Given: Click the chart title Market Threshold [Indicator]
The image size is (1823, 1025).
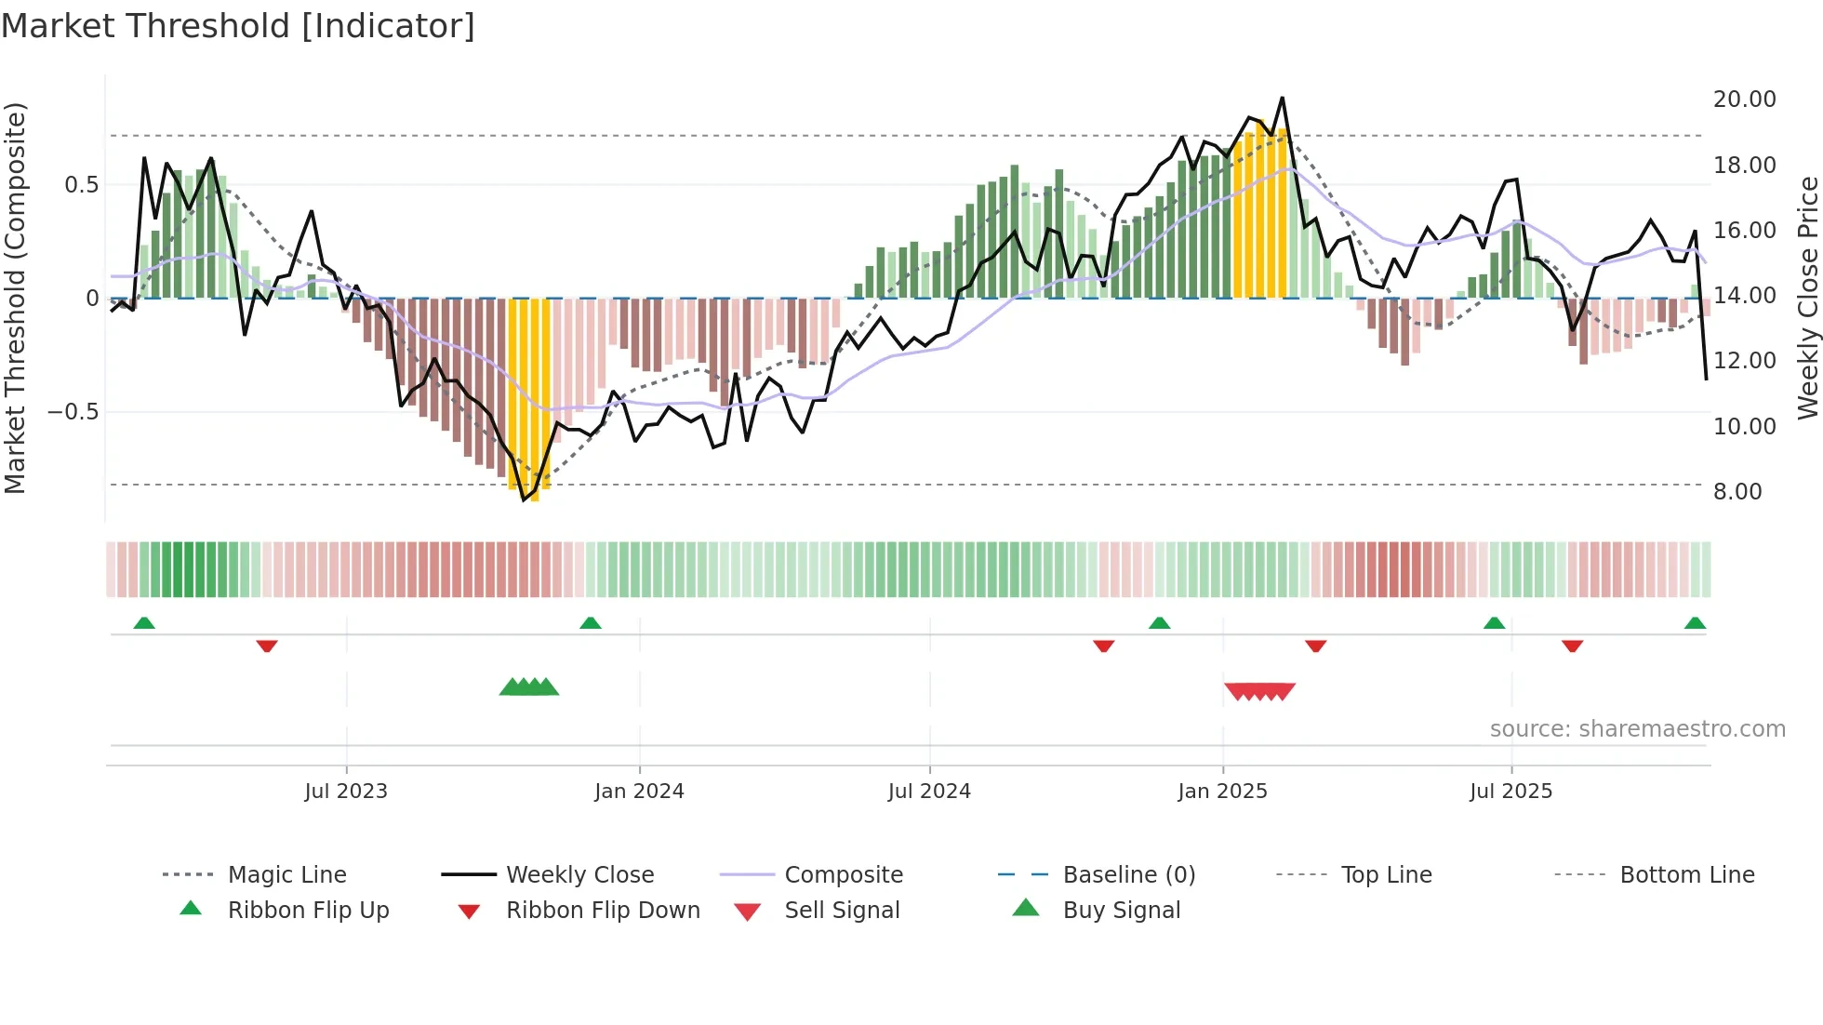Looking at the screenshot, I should coord(238,26).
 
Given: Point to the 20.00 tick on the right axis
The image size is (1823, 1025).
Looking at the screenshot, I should coord(1744,100).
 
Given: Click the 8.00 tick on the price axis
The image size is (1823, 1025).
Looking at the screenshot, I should coord(1737,492).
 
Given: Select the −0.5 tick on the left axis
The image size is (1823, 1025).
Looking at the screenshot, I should coord(73,412).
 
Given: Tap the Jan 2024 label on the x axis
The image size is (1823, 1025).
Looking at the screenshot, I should coord(639,792).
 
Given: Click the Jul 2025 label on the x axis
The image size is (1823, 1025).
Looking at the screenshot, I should coord(1510,792).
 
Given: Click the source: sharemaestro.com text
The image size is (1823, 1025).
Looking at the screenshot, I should coord(1637,729).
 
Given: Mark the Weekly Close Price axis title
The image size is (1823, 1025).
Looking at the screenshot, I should coord(1807,298).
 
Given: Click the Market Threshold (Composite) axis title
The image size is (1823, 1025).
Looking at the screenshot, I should coord(15,298).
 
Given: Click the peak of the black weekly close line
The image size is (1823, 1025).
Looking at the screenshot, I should coord(1282,98).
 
